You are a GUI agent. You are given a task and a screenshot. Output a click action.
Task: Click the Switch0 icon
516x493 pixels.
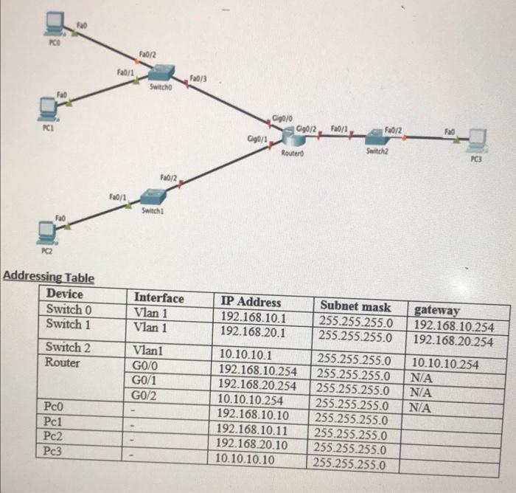(161, 73)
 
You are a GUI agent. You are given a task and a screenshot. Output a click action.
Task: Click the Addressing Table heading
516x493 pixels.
(49, 277)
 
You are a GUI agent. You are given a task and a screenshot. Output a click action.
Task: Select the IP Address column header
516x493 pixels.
(251, 301)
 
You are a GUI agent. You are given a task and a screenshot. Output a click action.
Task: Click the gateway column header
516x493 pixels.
(437, 311)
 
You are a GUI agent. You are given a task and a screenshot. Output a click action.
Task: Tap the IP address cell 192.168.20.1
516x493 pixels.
(254, 332)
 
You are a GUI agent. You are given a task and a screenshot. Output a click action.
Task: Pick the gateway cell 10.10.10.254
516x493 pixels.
(445, 363)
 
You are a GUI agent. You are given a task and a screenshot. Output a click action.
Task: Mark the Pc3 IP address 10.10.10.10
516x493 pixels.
(245, 458)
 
